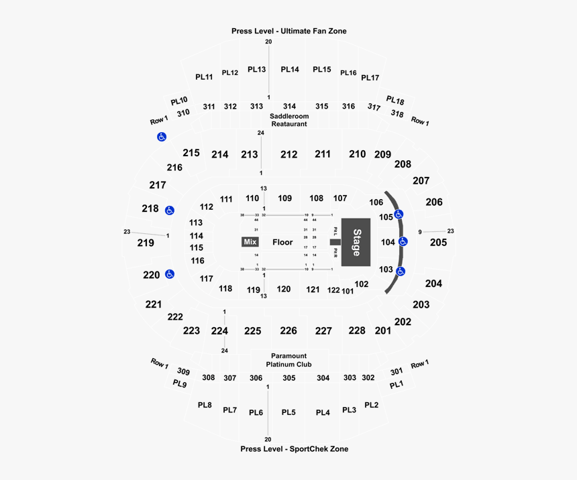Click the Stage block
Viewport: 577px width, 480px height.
356,241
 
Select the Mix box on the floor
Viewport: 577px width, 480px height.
250,242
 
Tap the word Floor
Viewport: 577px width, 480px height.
283,242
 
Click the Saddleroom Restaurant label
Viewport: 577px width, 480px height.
288,120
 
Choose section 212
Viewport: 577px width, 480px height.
288,155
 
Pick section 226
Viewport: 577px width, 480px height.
288,331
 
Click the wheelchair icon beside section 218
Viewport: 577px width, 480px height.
170,211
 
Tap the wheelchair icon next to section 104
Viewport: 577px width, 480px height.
403,242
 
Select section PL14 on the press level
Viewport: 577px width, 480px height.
290,69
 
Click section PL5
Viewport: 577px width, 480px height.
288,412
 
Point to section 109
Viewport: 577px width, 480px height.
285,198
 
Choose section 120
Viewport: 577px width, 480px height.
284,289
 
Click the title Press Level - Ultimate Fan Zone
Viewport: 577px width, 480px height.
288,31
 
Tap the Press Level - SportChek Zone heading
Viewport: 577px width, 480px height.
294,448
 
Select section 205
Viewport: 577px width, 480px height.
438,242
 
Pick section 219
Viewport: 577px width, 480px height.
146,243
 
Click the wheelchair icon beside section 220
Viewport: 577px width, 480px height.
170,274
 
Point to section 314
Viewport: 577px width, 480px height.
289,107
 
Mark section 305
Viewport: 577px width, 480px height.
288,378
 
